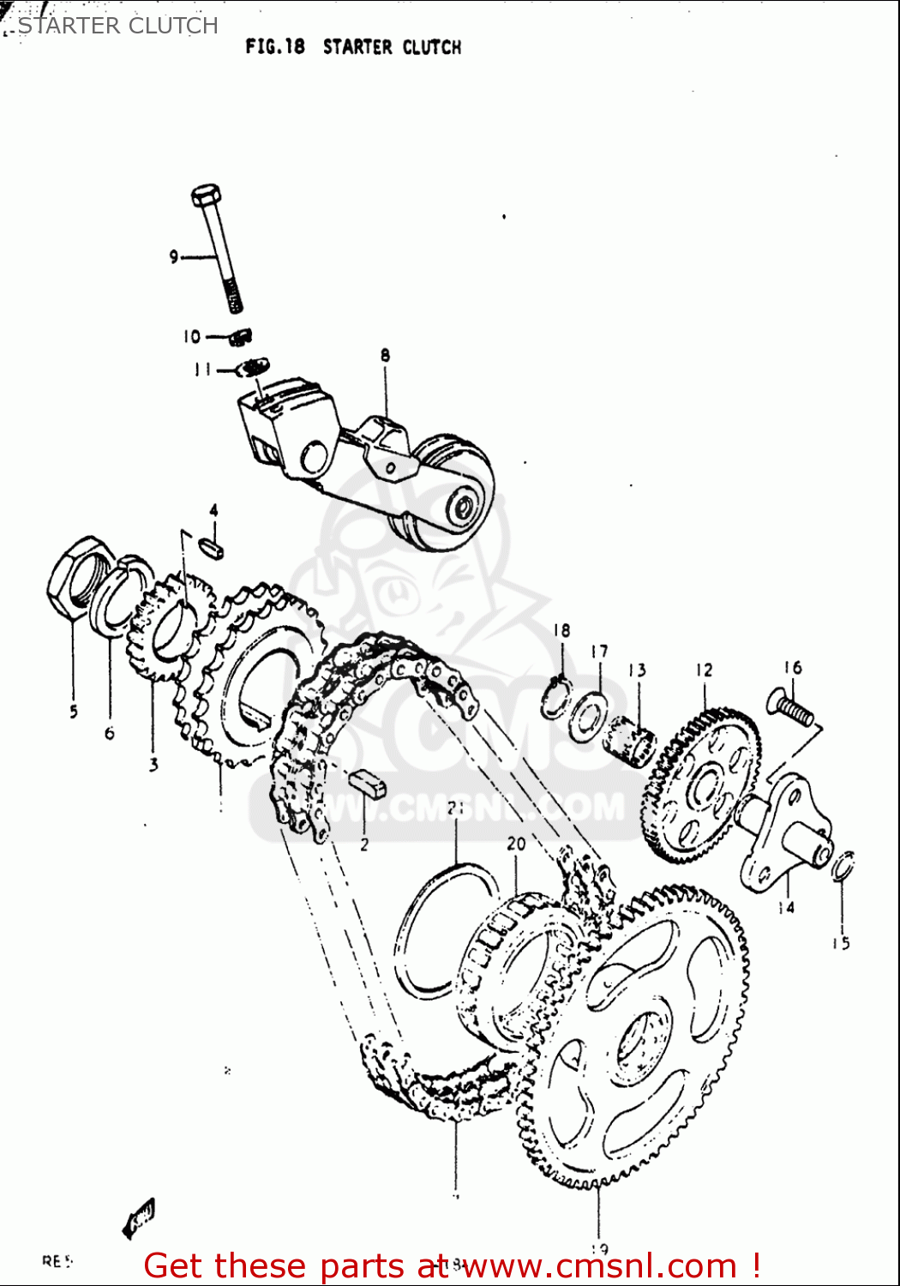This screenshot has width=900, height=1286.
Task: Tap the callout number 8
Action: [385, 354]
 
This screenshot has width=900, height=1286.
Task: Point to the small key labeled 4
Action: [212, 546]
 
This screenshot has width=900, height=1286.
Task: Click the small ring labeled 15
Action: [843, 866]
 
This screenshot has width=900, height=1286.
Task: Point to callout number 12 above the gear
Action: [704, 670]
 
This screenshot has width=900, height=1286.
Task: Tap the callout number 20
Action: [516, 844]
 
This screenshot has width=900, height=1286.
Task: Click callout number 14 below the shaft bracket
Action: [786, 907]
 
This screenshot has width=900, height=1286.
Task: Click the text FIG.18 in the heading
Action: [275, 46]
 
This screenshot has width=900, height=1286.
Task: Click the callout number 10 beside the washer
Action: [192, 337]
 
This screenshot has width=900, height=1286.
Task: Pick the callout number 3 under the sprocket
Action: [153, 764]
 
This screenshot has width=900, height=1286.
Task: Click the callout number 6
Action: [109, 733]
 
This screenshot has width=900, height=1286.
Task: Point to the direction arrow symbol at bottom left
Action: [139, 1217]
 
